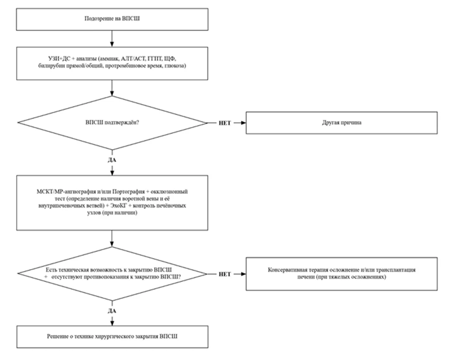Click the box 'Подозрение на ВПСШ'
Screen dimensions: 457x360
[112, 19]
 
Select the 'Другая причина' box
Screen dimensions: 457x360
[341, 123]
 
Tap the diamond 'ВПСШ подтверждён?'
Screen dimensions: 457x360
[112, 123]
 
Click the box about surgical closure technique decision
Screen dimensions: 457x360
[112, 337]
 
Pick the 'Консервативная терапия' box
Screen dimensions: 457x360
[341, 274]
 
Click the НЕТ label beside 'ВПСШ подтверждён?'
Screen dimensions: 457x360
[225, 123]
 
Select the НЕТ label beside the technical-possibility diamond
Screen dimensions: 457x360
[225, 274]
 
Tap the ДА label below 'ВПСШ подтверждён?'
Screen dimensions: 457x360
[112, 160]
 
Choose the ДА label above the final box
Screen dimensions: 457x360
[112, 311]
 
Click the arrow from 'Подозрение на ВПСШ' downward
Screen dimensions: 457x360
[112, 38]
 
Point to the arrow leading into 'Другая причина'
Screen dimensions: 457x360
[240, 123]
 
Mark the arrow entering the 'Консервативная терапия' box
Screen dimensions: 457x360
[240, 274]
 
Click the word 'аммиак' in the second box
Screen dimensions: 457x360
[109, 58]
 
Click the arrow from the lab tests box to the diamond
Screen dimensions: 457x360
[112, 88]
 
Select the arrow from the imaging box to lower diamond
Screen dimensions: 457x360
[112, 238]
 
